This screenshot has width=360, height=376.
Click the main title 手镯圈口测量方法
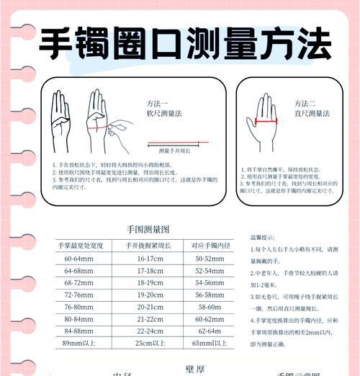click(x=184, y=45)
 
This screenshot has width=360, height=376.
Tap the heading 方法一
click(x=158, y=103)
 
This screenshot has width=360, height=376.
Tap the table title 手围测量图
click(x=148, y=229)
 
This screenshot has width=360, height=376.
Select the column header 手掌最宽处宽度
click(x=81, y=246)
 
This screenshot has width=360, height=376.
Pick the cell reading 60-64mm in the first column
click(x=78, y=259)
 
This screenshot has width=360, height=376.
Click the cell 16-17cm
click(x=150, y=259)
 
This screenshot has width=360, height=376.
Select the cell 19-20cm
click(x=150, y=295)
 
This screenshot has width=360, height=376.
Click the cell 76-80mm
click(x=78, y=307)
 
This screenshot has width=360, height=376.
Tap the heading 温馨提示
click(x=264, y=237)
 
